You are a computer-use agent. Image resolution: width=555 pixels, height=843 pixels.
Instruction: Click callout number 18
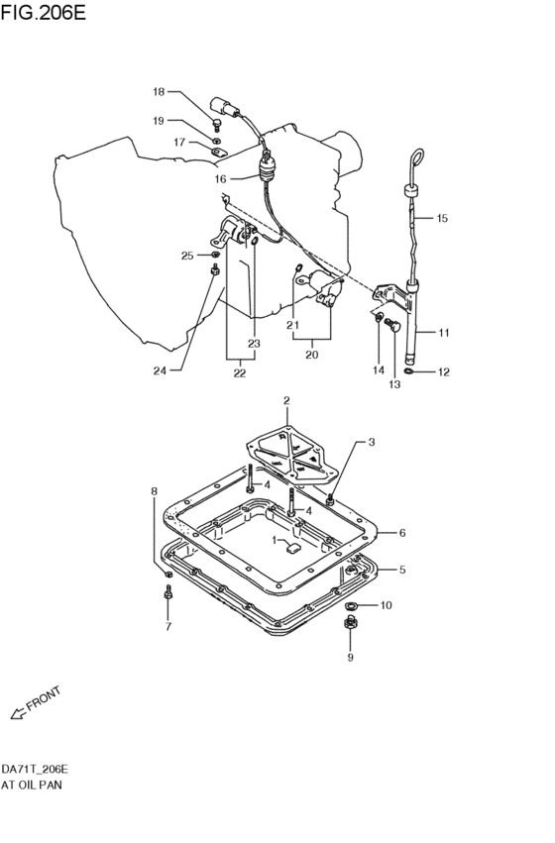point(159,92)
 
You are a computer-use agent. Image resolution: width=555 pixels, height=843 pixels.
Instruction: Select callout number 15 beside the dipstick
point(442,217)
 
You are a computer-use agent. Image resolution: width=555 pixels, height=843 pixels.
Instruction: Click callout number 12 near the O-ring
point(443,372)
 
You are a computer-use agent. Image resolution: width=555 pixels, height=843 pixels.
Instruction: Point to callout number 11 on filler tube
point(443,332)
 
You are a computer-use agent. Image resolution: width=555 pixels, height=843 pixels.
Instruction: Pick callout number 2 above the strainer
point(285,400)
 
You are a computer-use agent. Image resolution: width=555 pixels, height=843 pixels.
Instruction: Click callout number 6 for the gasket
point(402,532)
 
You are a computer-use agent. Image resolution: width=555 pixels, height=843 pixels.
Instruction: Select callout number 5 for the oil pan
point(402,570)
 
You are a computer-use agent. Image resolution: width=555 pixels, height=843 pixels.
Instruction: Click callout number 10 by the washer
point(386,604)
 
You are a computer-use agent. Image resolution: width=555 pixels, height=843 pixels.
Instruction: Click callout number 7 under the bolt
point(168,627)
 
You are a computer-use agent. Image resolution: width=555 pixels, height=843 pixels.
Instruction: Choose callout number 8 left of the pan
point(154,491)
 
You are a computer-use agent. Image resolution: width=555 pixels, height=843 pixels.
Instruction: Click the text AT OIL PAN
point(32,784)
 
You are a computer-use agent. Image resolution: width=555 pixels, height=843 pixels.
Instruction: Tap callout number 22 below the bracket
point(239,372)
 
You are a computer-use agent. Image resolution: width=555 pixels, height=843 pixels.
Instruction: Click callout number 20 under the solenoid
point(311,354)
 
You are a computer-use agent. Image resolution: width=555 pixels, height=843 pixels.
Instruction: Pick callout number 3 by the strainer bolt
point(372,442)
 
